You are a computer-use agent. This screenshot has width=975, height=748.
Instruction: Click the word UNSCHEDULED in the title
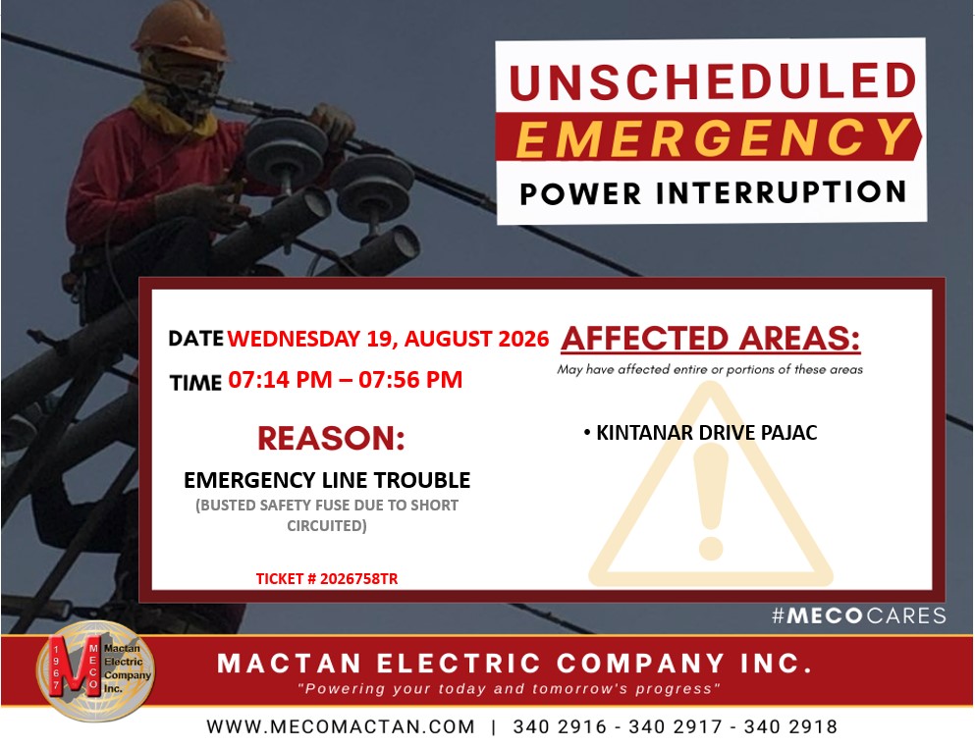tap(713, 80)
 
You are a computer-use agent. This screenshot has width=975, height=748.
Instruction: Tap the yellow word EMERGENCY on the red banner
tap(714, 137)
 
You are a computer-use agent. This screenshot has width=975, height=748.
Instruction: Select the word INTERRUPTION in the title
tap(781, 192)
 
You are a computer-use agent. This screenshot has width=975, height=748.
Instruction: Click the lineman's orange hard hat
tap(181, 30)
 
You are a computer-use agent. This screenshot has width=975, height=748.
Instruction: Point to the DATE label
tap(195, 339)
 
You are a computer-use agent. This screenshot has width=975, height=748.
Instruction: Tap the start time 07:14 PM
tap(280, 379)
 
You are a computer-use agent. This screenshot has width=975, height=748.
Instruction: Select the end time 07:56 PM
tap(410, 379)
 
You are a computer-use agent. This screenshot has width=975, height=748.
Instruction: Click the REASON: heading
tap(331, 438)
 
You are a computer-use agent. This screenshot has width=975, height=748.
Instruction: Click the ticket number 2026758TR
tap(358, 579)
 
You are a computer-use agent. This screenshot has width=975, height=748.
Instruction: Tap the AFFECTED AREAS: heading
tap(710, 339)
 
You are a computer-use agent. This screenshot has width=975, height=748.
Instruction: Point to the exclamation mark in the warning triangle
tap(711, 501)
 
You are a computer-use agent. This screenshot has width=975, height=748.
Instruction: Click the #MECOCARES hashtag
tap(859, 615)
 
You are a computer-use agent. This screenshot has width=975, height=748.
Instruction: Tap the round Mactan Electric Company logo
tap(95, 670)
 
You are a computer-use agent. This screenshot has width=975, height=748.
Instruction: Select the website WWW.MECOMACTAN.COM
tap(341, 726)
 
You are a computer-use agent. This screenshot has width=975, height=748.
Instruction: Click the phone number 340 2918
tap(790, 726)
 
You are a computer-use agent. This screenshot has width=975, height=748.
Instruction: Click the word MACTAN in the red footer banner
tap(289, 664)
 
